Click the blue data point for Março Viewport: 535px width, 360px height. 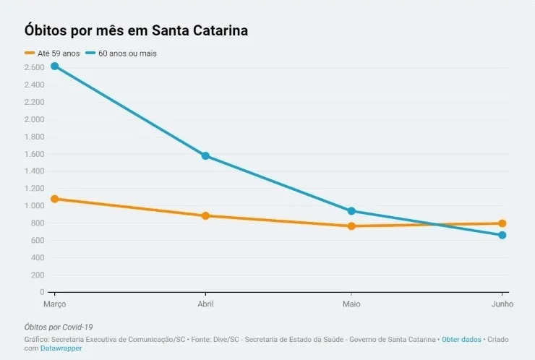(x=54, y=67)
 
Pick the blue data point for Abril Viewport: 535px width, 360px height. (x=205, y=155)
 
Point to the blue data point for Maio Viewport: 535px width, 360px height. (x=351, y=211)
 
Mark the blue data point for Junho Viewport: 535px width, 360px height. (x=502, y=235)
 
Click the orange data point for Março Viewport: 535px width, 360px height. (x=54, y=199)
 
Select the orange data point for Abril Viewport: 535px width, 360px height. (x=205, y=215)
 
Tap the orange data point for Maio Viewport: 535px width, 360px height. (x=351, y=226)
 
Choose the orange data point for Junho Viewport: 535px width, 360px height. (x=502, y=223)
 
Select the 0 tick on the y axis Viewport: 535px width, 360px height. (x=42, y=292)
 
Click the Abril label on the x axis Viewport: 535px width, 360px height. (x=205, y=304)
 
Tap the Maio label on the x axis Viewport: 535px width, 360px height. (x=351, y=304)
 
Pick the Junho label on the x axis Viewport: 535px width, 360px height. (x=502, y=304)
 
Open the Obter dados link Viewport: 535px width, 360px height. (x=461, y=339)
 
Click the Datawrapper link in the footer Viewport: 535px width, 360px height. (x=61, y=348)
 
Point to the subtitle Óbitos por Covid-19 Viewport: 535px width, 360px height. (x=59, y=327)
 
